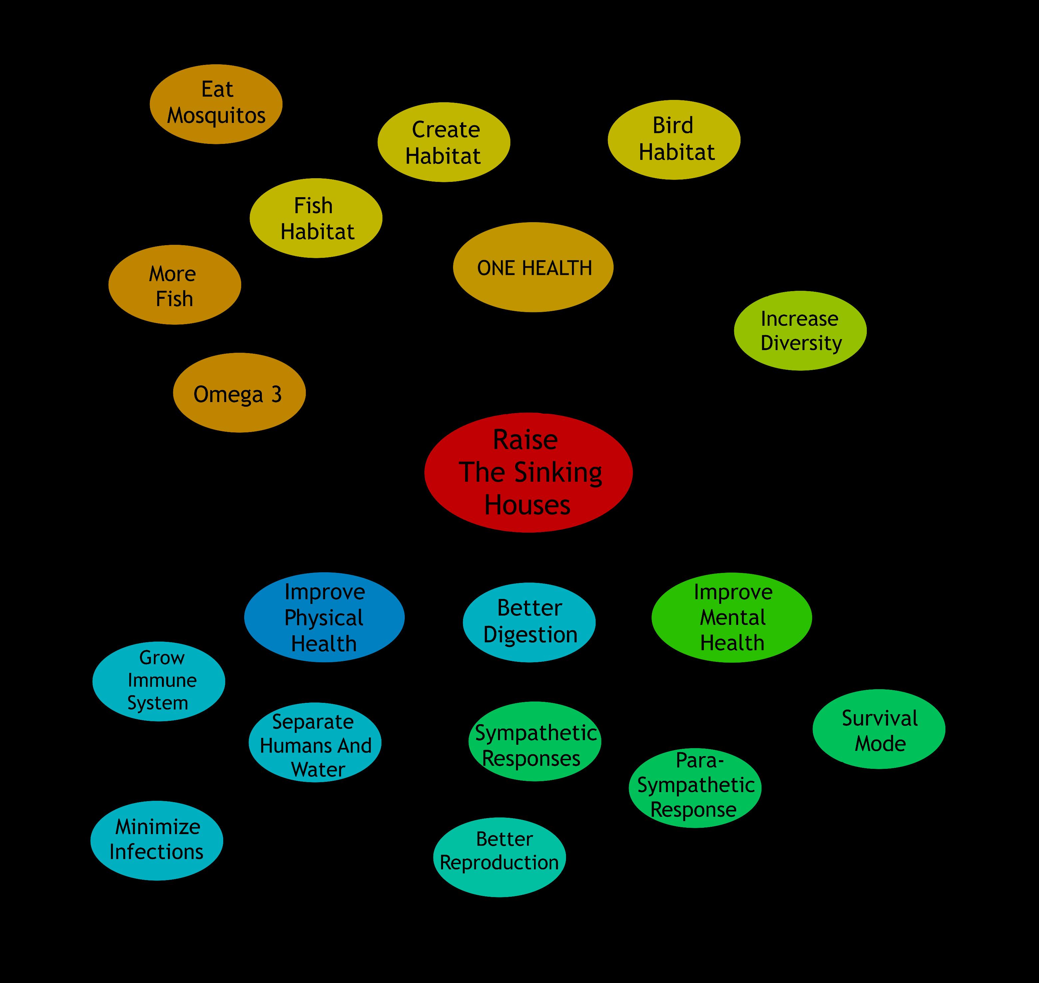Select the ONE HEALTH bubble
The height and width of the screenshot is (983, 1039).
pos(533,267)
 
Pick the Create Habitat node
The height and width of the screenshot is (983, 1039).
pos(444,142)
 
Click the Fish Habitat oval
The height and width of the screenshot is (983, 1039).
pos(316,218)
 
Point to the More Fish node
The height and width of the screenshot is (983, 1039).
pos(175,284)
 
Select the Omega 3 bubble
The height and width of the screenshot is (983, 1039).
pos(239,392)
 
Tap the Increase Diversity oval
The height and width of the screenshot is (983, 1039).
pos(800,331)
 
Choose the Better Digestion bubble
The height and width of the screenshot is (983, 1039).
pos(529,622)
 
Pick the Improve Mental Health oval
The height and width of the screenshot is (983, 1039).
pos(732,617)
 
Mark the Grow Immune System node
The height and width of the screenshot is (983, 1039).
pos(159,681)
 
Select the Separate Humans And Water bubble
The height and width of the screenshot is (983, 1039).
pos(315,742)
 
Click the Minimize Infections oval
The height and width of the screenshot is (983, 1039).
pos(157,840)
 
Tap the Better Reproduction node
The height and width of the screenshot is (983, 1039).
pos(499,857)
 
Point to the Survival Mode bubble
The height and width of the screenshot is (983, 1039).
pos(879,729)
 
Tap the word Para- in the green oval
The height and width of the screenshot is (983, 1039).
pos(700,760)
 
